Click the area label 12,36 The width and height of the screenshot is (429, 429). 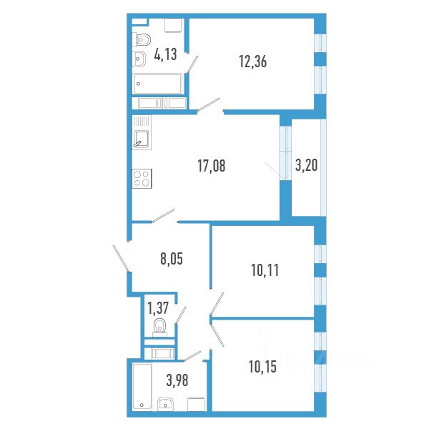pos(253,61)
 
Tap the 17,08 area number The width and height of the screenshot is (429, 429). pos(211,167)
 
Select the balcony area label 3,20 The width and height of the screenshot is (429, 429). pos(306,167)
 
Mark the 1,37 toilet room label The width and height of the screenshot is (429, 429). pos(157,308)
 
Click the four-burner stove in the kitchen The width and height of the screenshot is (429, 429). pos(142,177)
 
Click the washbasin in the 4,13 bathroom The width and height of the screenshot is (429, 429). pos(139,60)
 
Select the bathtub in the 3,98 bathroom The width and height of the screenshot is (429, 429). pos(141,386)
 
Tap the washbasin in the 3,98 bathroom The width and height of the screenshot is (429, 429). pos(167,404)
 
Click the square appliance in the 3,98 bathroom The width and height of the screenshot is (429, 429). pos(196,404)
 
